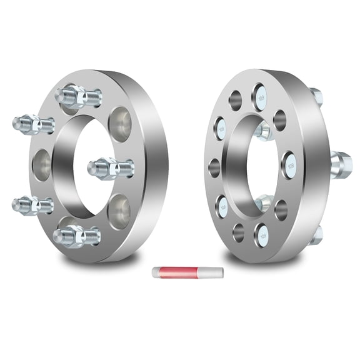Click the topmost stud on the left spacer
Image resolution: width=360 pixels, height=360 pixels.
[77, 97]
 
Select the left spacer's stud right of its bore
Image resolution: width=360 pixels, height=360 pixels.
[110, 167]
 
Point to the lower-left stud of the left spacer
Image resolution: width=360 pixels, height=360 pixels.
[31, 204]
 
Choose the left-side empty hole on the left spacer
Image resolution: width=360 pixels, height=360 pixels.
[43, 165]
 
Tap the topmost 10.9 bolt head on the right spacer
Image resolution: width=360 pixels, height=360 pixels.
[260, 97]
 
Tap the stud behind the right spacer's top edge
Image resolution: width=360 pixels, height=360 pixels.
[317, 96]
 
